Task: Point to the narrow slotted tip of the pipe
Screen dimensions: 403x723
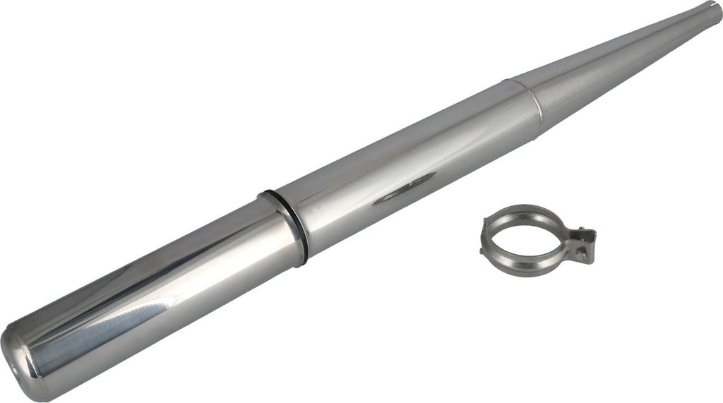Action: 709,11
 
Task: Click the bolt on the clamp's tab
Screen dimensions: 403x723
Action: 580,249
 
